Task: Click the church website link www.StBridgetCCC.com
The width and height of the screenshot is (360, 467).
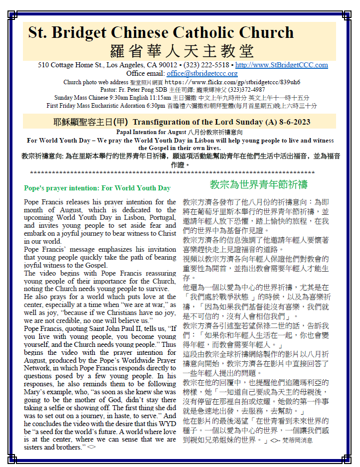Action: click(x=281, y=65)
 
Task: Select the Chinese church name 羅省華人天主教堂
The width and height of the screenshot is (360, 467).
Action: click(x=181, y=50)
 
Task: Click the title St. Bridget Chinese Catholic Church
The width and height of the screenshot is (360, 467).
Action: click(x=161, y=33)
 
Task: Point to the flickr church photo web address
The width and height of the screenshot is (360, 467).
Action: click(x=232, y=82)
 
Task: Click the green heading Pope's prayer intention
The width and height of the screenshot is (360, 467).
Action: click(x=97, y=188)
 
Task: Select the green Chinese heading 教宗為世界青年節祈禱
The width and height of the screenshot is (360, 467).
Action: click(x=259, y=183)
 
